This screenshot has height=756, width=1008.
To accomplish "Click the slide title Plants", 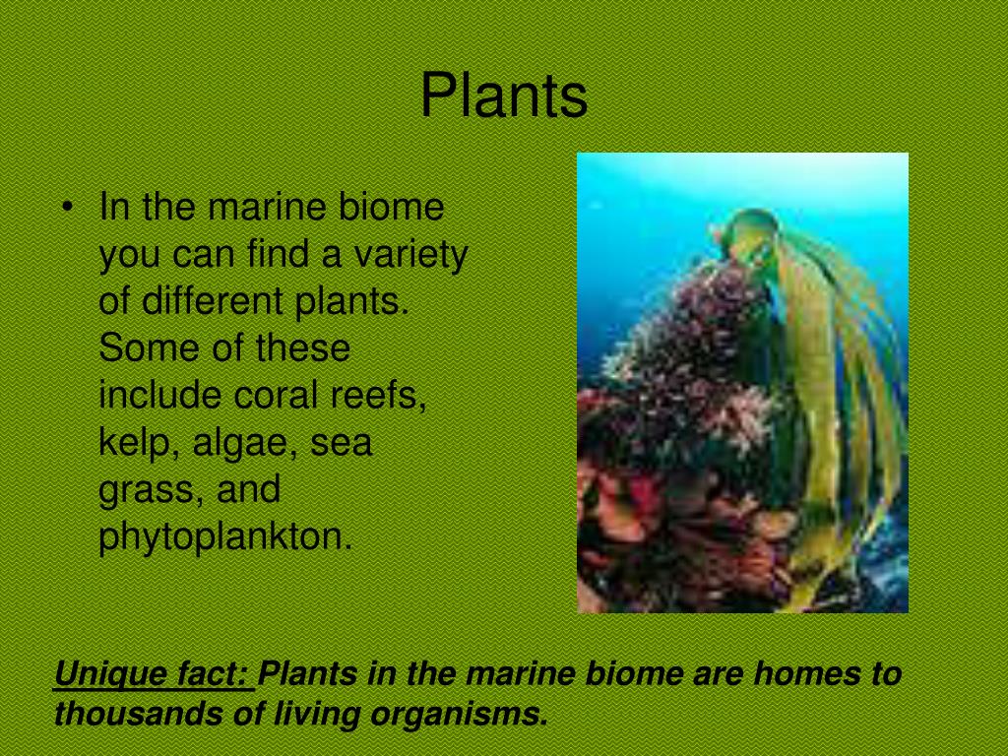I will click(504, 97).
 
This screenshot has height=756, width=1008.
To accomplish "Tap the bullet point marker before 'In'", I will click(66, 208).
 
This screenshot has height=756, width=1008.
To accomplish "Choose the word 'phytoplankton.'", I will click(225, 538).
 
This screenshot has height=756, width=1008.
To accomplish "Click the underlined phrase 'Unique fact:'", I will click(153, 675).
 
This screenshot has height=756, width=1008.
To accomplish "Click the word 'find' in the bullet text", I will click(275, 256).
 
